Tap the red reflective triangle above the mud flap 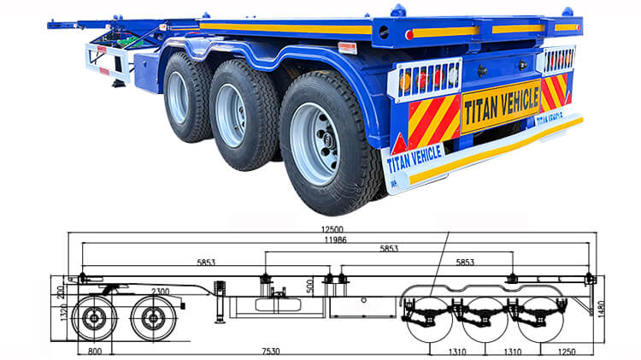pyautogui.click(x=398, y=143)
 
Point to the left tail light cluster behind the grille pyautogui.click(x=426, y=80)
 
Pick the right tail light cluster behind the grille pyautogui.click(x=559, y=60)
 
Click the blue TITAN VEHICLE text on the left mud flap pyautogui.click(x=415, y=157)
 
